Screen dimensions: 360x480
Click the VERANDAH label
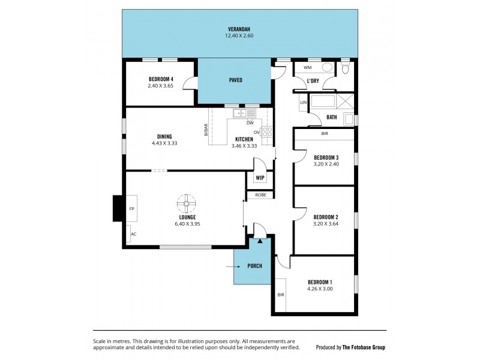click(238, 29)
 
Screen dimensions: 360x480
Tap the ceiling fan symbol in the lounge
click(187, 203)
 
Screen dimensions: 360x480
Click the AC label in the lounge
click(133, 234)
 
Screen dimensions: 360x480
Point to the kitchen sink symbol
click(245, 113)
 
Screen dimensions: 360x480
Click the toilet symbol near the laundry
click(345, 68)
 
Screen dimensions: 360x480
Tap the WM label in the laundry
click(307, 68)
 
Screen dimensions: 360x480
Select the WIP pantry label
click(260, 178)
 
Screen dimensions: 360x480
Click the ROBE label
click(260, 195)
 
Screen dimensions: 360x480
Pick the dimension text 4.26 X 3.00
click(320, 289)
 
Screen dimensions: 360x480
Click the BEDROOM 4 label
click(161, 79)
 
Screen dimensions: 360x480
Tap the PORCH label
click(254, 265)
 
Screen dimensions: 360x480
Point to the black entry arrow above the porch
click(259, 241)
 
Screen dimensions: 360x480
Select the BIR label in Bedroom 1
click(280, 295)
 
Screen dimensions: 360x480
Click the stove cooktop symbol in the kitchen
click(267, 133)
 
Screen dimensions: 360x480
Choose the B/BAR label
click(206, 130)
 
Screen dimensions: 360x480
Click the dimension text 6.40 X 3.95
click(187, 224)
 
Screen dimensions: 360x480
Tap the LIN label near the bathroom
click(303, 103)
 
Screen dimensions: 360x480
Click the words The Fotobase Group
click(364, 347)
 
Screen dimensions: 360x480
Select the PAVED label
click(236, 80)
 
